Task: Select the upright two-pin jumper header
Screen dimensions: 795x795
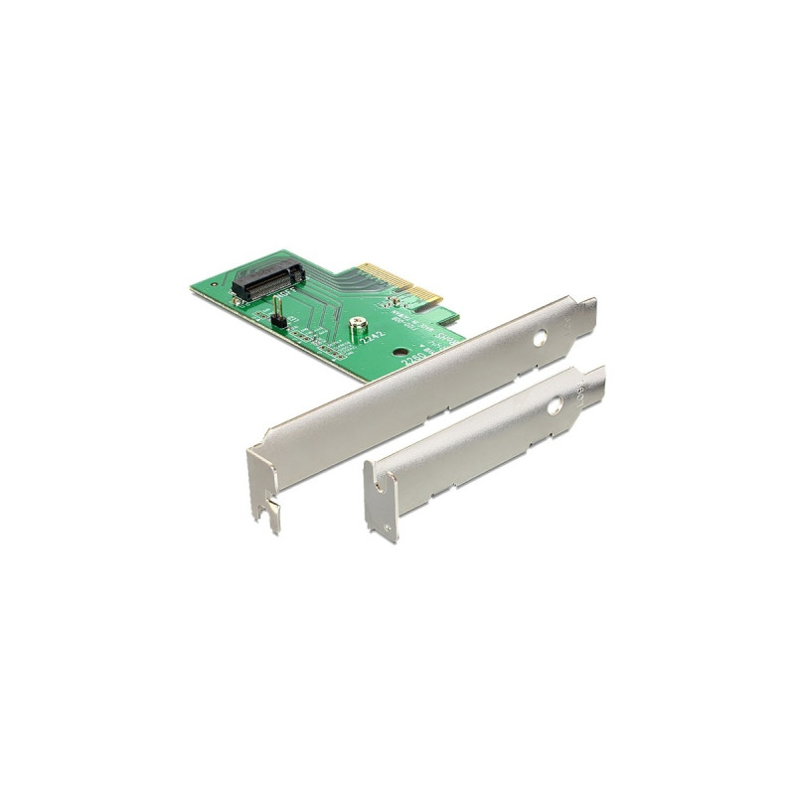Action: [279, 320]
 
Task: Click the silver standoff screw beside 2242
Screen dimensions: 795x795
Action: [356, 324]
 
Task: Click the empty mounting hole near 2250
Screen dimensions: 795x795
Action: [399, 351]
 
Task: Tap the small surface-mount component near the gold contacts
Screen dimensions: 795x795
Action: [396, 302]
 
